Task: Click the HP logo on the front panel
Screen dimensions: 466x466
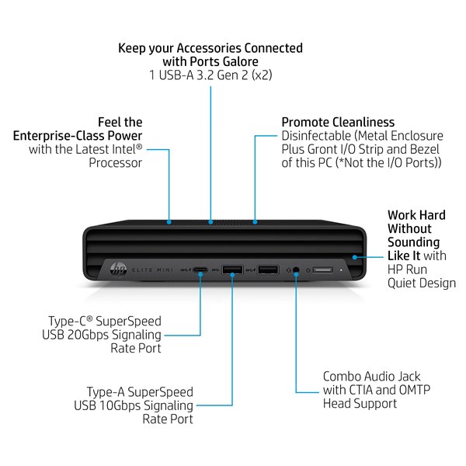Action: point(118,270)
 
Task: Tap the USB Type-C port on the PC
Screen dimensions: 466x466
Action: point(200,270)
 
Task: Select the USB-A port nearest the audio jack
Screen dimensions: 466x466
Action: point(269,270)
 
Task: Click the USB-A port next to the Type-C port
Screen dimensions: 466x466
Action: point(232,270)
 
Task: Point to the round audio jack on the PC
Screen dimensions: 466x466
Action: point(296,270)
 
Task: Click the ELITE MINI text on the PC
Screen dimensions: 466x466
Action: point(152,270)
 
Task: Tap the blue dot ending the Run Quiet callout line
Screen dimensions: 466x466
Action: point(355,257)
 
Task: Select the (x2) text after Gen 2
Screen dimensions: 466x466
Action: point(262,75)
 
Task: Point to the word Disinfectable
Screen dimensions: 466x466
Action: point(316,136)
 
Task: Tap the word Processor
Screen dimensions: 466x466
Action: point(115,163)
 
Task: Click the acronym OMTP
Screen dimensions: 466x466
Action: point(414,390)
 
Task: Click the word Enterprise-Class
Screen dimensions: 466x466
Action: point(58,136)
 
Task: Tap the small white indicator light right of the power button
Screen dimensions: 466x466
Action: point(341,270)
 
